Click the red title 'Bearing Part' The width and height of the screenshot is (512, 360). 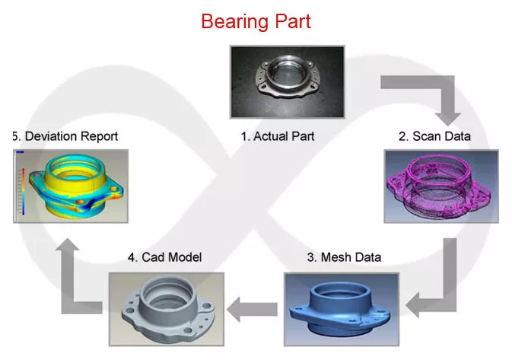coord(256,21)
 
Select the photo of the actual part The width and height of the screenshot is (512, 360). coord(288,82)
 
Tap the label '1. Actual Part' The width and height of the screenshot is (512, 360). coord(278,136)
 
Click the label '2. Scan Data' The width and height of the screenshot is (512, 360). coord(434,136)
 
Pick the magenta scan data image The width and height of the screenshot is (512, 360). coord(441,186)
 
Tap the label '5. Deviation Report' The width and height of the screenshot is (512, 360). coord(65,136)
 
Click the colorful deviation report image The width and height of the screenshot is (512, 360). coord(71,186)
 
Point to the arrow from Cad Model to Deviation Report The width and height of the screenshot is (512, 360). coord(72,282)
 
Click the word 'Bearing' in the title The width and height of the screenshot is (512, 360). coord(230,21)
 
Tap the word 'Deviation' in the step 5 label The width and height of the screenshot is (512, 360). coord(50,136)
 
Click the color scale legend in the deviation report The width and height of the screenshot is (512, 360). coord(21,186)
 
